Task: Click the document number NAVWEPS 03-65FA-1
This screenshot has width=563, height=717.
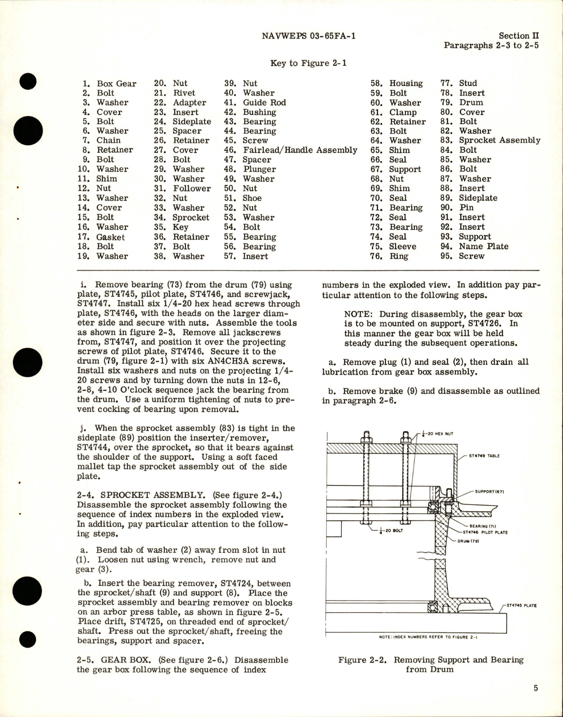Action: coord(308,36)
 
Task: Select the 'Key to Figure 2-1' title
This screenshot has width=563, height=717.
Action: coord(308,63)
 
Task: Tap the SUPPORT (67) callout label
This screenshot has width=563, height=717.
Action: coord(489,491)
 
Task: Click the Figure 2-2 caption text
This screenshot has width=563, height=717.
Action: coord(431,664)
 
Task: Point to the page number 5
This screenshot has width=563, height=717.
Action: coord(536,688)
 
